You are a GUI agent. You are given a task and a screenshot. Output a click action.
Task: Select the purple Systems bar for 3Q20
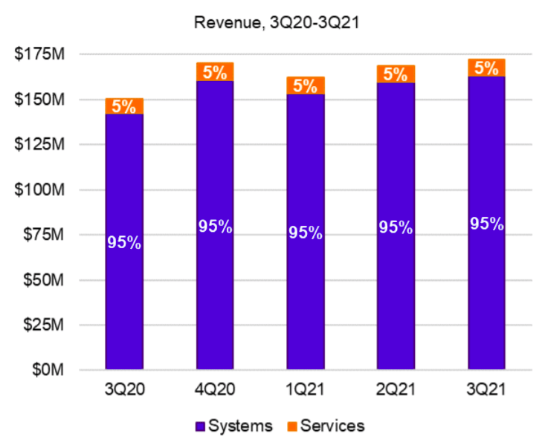[124, 297]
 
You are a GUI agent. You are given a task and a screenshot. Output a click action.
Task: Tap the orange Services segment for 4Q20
[215, 72]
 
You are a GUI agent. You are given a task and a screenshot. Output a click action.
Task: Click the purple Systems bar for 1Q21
[306, 297]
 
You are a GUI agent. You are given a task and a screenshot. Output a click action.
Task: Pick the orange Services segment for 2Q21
[396, 74]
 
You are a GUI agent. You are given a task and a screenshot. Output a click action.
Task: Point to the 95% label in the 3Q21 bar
[486, 224]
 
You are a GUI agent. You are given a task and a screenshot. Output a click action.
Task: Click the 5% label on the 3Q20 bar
[124, 106]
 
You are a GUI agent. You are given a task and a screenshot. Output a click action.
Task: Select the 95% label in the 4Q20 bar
[215, 227]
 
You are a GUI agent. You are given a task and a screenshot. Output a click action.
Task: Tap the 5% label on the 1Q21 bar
[306, 85]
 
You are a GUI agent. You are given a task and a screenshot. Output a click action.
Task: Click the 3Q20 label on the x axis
[124, 389]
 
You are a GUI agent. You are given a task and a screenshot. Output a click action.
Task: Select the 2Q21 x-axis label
[396, 389]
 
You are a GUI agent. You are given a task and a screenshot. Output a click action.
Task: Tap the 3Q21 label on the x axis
[486, 389]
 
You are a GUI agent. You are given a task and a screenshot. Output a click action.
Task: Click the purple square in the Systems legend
[200, 426]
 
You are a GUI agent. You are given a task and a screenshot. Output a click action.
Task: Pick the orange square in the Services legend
[291, 426]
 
